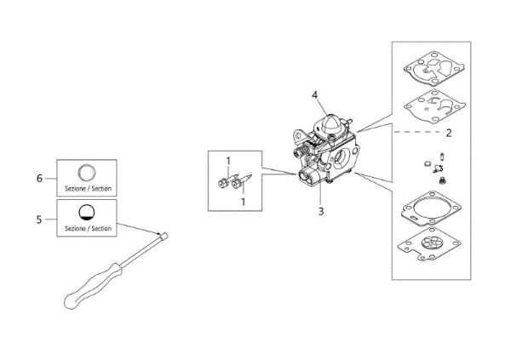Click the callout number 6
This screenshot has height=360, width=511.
coord(40,179)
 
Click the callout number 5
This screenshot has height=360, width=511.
coord(40,220)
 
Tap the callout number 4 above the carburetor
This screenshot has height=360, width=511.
coord(314,94)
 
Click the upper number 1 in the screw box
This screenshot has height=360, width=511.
coord(228,160)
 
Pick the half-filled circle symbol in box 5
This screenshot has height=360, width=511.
coord(85,213)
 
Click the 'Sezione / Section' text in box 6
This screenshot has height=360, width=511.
coord(89,187)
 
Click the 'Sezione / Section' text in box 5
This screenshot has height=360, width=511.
coord(89,230)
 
